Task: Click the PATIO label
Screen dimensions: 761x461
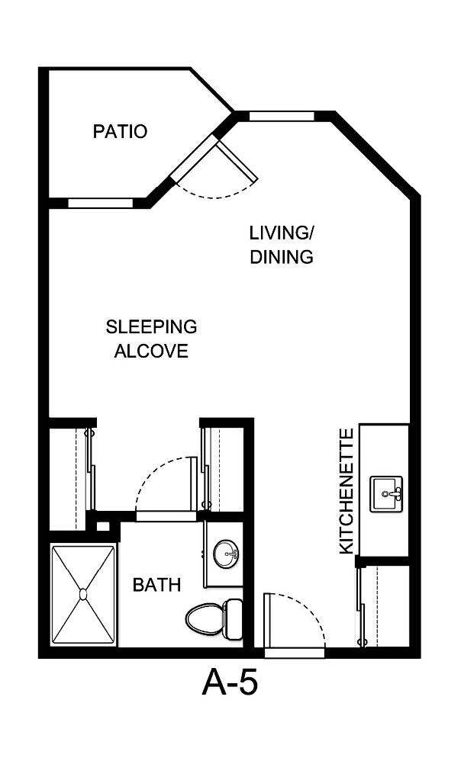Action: click(x=120, y=131)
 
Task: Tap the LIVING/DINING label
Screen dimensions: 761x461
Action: click(x=282, y=244)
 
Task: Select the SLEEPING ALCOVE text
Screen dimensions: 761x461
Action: click(x=151, y=339)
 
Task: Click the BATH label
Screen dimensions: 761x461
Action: click(x=156, y=585)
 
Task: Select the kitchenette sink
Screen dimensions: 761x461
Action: click(x=388, y=494)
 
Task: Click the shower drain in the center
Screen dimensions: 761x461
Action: click(x=83, y=592)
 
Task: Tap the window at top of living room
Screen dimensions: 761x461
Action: click(x=281, y=117)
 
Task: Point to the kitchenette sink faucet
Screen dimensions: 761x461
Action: click(x=396, y=494)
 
